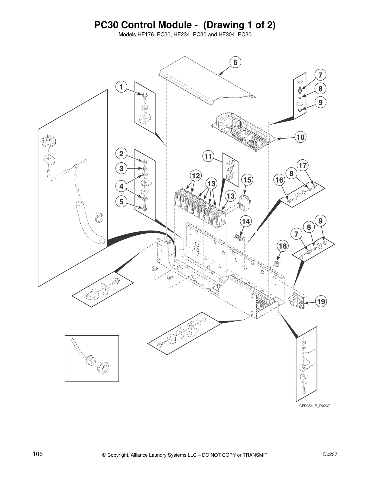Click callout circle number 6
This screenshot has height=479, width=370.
click(x=235, y=63)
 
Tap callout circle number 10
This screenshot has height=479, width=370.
click(x=300, y=137)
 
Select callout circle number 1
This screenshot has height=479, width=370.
click(x=121, y=87)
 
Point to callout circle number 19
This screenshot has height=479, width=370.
click(x=321, y=301)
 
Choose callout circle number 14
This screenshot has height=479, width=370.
click(x=246, y=222)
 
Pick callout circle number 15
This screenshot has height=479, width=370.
click(x=247, y=180)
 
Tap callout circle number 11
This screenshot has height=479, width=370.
click(x=208, y=157)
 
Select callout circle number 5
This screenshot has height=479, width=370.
click(x=121, y=201)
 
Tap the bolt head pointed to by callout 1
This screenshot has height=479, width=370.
click(x=144, y=96)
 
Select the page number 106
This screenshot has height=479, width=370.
click(x=38, y=454)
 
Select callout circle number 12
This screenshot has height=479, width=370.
click(x=196, y=175)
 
